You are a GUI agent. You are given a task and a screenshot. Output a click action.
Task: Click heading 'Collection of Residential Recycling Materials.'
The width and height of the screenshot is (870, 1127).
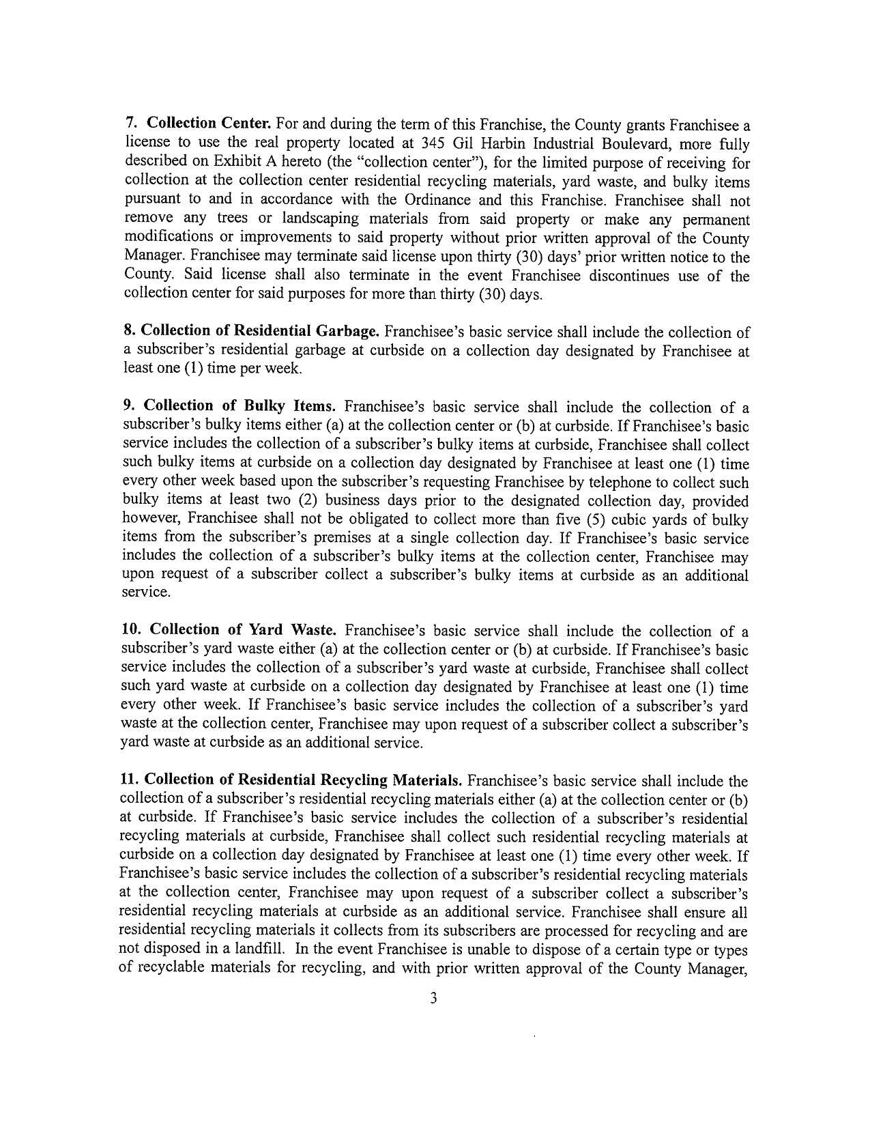click(x=304, y=780)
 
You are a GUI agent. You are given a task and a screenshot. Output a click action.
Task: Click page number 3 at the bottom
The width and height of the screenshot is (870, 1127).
click(x=433, y=998)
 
